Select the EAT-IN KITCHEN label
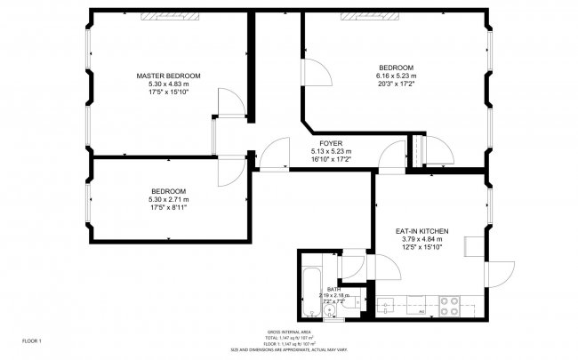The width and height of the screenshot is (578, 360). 421,231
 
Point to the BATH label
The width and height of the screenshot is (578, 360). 333,289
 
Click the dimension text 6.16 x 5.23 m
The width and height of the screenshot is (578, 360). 396,76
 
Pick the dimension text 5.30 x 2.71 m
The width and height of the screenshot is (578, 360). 168,200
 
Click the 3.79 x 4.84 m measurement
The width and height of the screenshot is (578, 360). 421,239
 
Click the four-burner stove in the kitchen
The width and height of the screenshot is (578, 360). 449,307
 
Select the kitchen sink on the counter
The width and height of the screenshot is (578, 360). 389,308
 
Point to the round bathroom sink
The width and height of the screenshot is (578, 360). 329,309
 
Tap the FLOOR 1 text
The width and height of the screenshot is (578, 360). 32,340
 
